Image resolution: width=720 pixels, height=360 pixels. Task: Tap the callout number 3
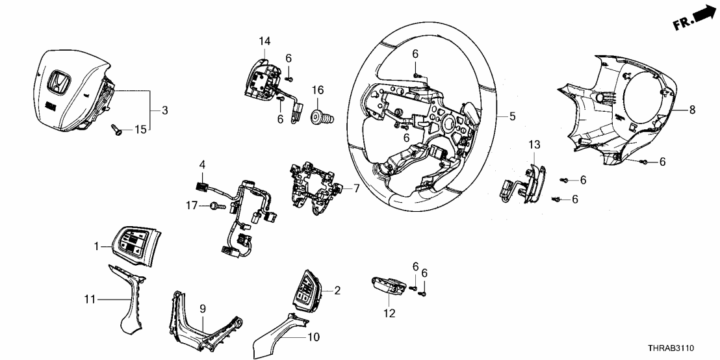pos(165,111)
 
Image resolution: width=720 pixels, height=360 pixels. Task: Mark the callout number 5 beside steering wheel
pos(512,117)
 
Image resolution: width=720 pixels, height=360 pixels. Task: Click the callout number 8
pos(692,110)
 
